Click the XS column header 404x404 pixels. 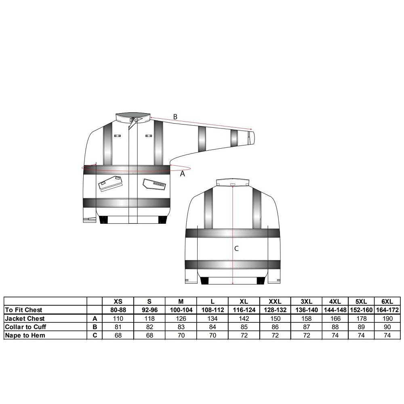118,301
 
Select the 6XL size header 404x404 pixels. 387,301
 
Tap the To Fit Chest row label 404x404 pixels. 23,310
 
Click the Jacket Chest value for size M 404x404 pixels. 181,318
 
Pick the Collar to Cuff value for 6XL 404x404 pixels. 387,327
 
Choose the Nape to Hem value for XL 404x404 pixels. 244,335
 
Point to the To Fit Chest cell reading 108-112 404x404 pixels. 213,310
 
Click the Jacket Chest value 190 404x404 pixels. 387,318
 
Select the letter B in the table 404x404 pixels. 95,327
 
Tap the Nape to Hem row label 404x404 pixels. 25,335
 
